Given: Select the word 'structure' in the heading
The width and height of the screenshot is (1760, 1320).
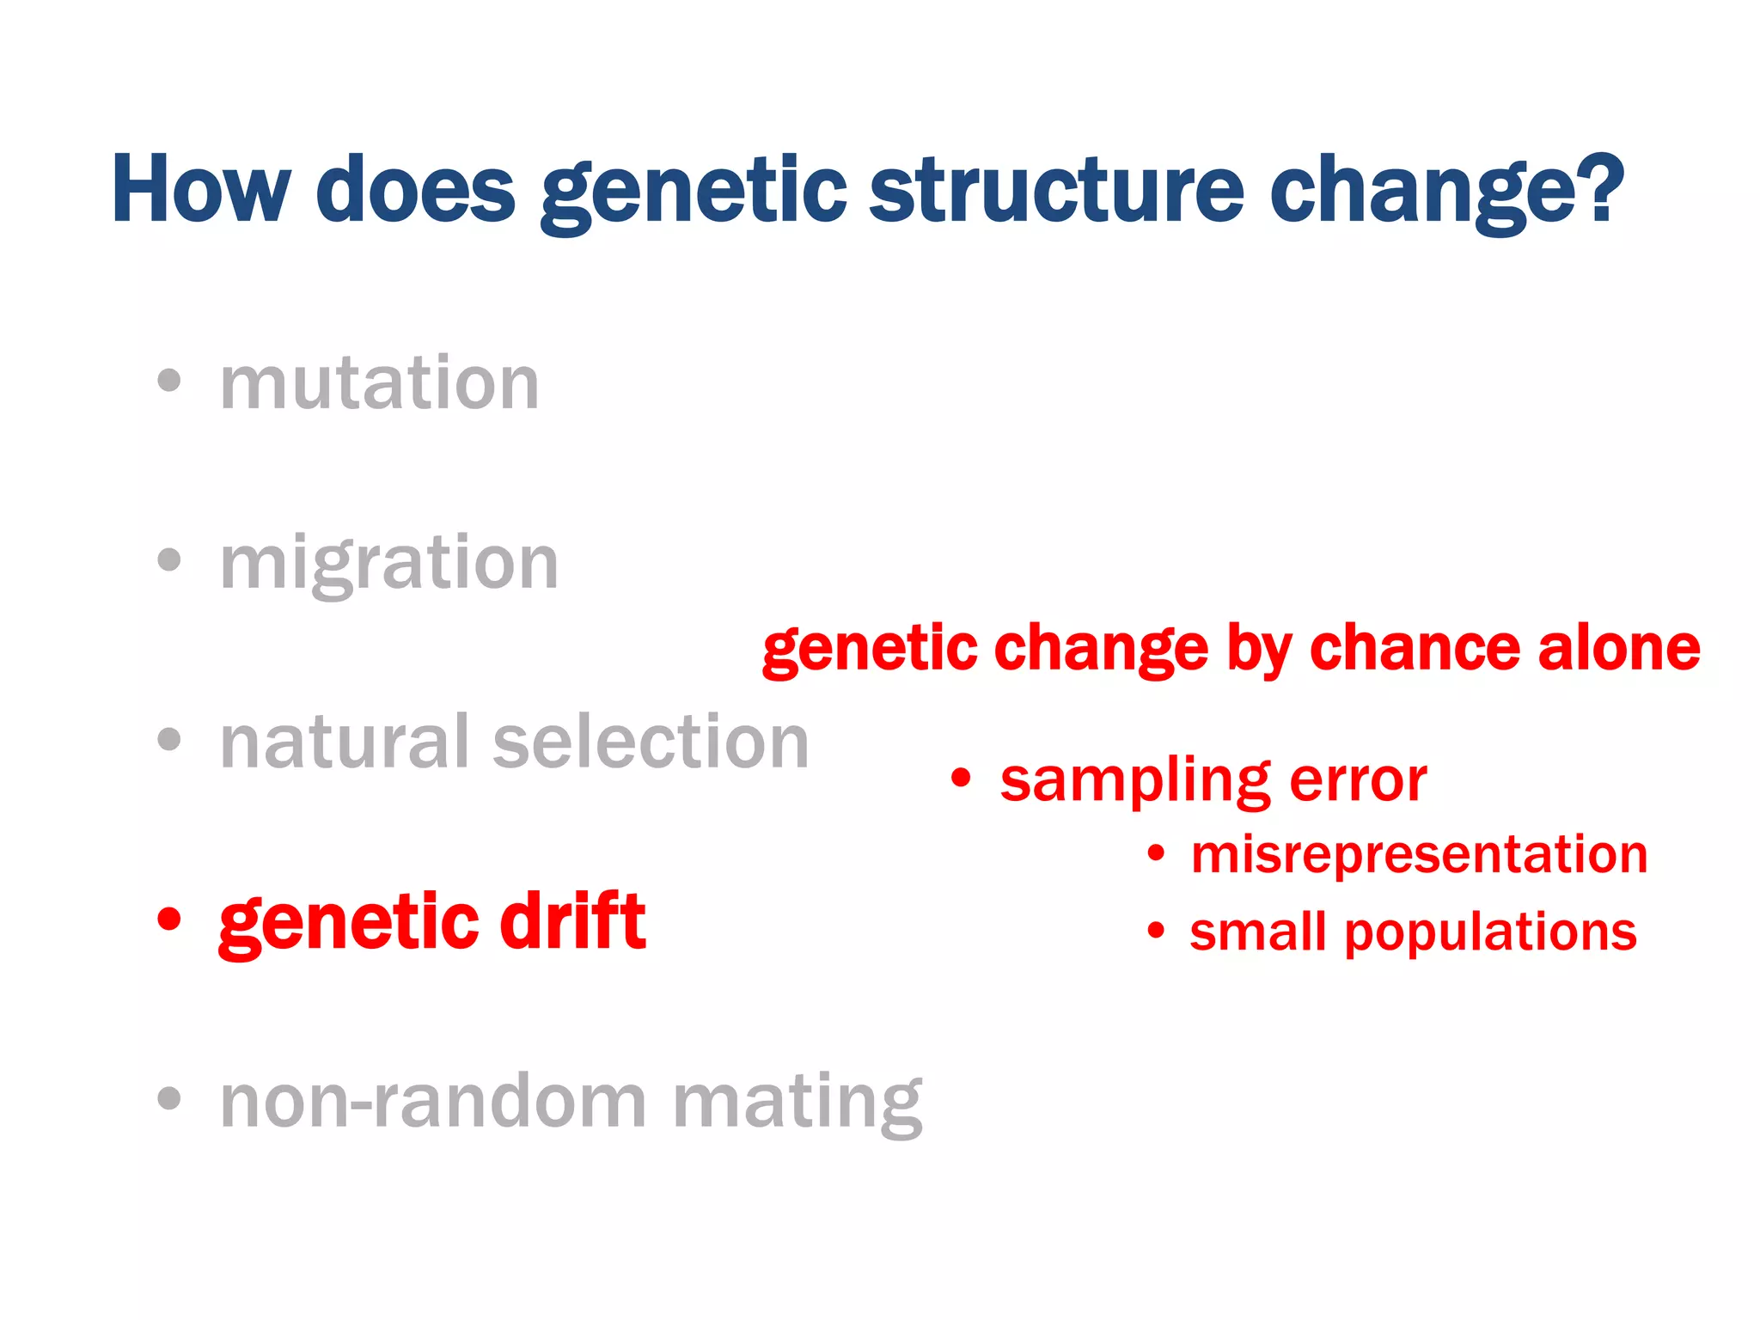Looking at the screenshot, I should pyautogui.click(x=1056, y=190).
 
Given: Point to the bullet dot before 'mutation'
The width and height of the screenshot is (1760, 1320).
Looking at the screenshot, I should pyautogui.click(x=170, y=381).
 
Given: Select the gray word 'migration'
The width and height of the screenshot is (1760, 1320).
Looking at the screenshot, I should pyautogui.click(x=388, y=565).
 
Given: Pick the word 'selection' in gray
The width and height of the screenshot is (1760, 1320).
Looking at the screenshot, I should pyautogui.click(x=651, y=742).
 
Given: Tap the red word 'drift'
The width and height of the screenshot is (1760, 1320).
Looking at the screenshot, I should pyautogui.click(x=572, y=921).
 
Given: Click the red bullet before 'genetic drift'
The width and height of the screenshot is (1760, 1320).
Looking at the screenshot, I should pyautogui.click(x=170, y=919).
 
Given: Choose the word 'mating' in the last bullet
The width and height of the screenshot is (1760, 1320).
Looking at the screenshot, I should pyautogui.click(x=797, y=1103).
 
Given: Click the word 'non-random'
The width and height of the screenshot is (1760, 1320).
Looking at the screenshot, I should pyautogui.click(x=433, y=1103).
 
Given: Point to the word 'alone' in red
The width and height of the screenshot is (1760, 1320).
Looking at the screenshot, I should pyautogui.click(x=1619, y=648).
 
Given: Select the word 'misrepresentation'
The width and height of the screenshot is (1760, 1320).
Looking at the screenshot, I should pyautogui.click(x=1419, y=855).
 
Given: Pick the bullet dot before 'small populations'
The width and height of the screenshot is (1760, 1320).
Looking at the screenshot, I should pyautogui.click(x=1157, y=931).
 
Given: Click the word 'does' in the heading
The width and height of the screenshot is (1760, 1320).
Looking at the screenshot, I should pyautogui.click(x=415, y=190).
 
